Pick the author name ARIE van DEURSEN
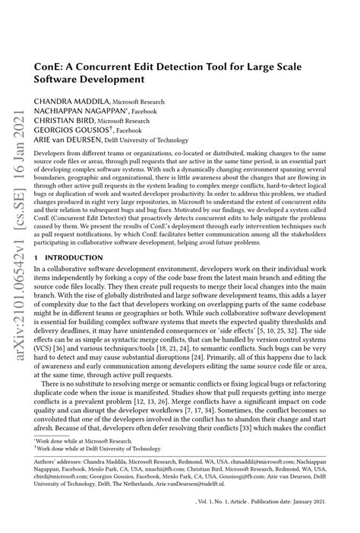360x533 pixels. [x=68, y=140]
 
